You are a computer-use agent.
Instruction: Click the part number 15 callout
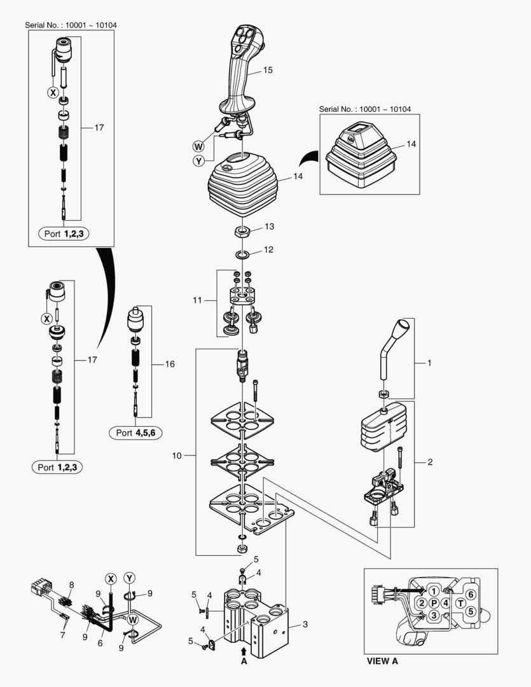coord(268,70)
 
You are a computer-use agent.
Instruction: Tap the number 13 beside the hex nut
coord(269,226)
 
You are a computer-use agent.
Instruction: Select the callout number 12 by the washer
coord(268,249)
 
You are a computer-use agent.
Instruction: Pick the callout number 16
coord(170,364)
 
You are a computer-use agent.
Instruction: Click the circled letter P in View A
coord(434,602)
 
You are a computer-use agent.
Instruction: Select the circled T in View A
coord(460,603)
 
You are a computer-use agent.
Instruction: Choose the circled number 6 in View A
coord(470,594)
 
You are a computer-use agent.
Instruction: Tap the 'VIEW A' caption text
coord(382,661)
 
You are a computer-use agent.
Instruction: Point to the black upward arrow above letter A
coord(244,651)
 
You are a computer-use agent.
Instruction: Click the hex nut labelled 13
coord(242,232)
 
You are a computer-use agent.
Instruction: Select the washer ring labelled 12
coord(242,255)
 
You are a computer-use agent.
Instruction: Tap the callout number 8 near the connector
coord(71,584)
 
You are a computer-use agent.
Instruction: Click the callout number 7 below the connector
coord(63,635)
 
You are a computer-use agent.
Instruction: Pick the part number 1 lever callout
coord(429,363)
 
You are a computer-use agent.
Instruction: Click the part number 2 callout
coord(430,462)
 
